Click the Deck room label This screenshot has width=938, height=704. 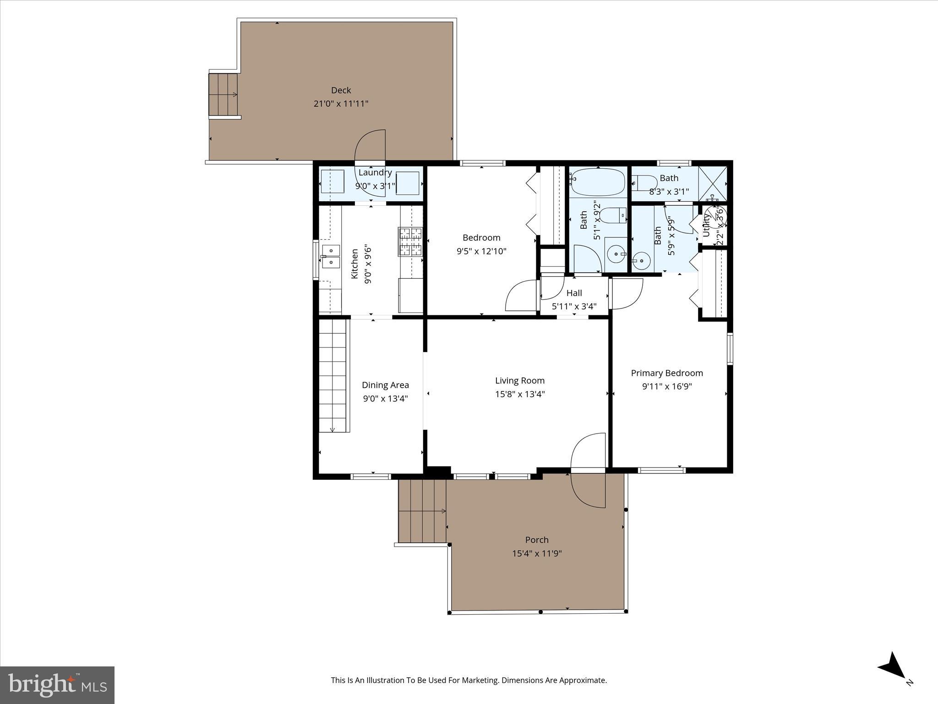341,90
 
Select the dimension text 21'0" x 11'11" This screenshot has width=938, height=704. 341,104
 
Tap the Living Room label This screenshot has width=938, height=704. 519,380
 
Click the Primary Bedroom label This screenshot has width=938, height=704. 666,373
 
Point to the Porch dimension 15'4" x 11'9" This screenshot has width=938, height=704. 537,553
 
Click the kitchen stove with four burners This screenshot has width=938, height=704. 410,242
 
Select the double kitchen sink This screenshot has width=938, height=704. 331,256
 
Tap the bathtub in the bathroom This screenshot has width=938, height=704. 598,182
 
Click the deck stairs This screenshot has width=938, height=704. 224,95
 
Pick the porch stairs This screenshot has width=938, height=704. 422,511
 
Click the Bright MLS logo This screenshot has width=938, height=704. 57,685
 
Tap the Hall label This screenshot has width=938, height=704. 574,293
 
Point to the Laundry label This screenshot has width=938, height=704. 375,173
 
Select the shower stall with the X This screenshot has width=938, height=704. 713,183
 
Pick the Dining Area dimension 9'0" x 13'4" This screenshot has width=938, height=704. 385,398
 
